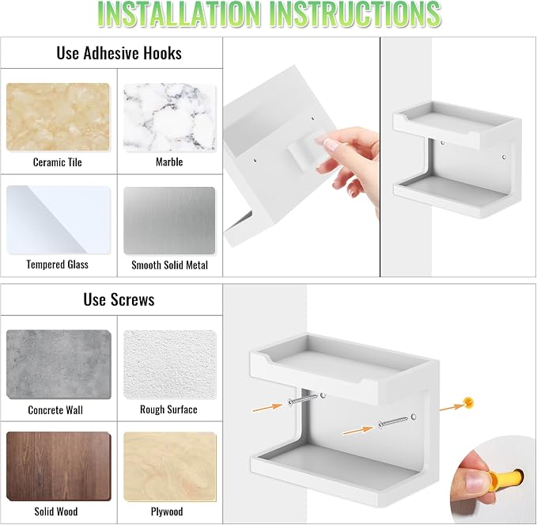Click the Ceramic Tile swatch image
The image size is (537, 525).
pos(58,117)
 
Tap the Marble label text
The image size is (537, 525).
pos(169,162)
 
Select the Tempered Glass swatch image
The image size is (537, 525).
pos(59,220)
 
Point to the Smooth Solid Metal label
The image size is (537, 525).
pos(169,265)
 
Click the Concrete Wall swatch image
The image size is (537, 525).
pos(59,364)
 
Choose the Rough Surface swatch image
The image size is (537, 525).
pos(170,364)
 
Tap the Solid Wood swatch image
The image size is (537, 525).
pos(59,466)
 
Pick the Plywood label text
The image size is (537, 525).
pos(167,512)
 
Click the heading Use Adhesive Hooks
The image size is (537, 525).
pos(119,53)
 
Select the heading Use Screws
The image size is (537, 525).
pos(119,299)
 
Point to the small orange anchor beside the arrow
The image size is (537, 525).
pos(468,402)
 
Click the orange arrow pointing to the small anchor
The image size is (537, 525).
pos(452,407)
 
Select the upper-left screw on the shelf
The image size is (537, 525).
pos(303,399)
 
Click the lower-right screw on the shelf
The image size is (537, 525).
pos(394,422)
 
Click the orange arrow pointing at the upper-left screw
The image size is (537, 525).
pos(268,407)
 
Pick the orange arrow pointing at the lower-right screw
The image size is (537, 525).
pos(358,431)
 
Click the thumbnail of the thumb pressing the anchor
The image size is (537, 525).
pos(494,480)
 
